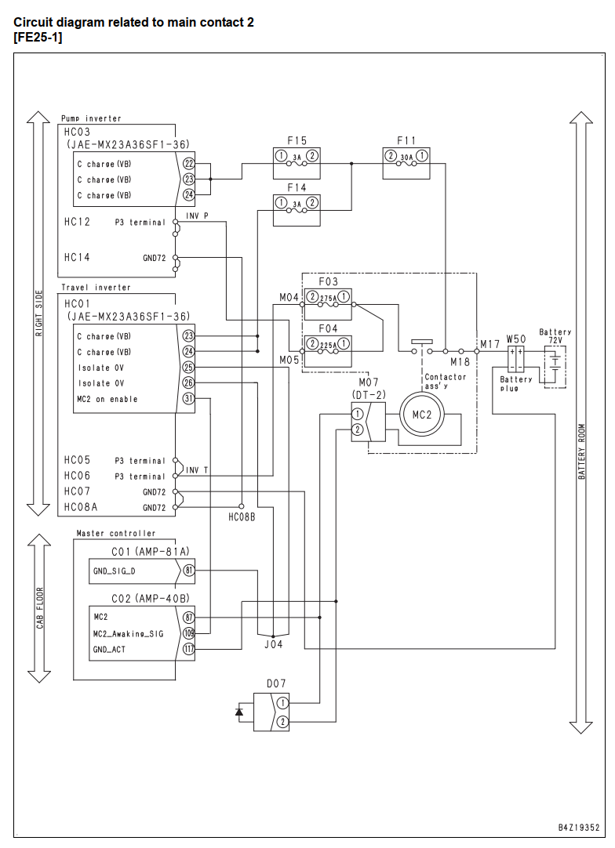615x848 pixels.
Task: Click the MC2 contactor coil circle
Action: [x=422, y=415]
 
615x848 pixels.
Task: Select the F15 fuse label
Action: [x=297, y=140]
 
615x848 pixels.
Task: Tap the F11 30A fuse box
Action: [x=406, y=163]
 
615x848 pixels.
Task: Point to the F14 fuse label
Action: [x=297, y=187]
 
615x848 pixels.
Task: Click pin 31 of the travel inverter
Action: [x=188, y=399]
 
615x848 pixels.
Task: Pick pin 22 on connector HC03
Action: [x=188, y=163]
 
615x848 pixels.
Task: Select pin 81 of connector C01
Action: [x=188, y=571]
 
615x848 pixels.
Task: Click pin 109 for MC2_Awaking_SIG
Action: [x=188, y=633]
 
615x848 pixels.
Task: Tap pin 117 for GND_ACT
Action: [x=188, y=649]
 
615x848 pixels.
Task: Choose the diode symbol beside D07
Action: [x=239, y=712]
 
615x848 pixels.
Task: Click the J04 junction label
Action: [x=274, y=644]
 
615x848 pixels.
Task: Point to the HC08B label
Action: [x=242, y=517]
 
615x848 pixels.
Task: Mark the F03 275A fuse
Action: [x=328, y=304]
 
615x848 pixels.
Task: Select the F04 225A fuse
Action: [x=328, y=351]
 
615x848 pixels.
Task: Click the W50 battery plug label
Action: [x=516, y=339]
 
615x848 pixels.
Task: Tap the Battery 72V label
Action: [x=555, y=336]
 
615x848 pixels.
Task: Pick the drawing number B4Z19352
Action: [x=579, y=827]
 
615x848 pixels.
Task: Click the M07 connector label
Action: [x=369, y=383]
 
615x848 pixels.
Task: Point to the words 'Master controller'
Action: [x=116, y=533]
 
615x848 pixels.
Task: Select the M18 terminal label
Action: [x=460, y=362]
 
